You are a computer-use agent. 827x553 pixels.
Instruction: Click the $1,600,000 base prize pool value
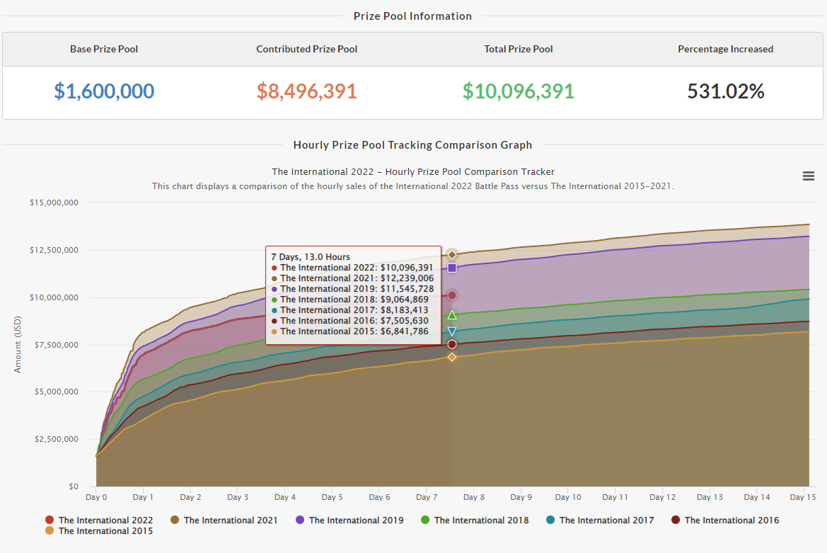[104, 91]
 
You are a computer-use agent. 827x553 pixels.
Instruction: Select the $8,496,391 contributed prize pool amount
[306, 91]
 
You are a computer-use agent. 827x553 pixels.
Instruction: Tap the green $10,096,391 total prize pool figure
[518, 91]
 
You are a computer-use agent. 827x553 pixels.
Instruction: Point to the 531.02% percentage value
[725, 91]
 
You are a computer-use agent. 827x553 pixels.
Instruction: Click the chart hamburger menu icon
[809, 176]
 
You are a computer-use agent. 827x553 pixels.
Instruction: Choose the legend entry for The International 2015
[105, 531]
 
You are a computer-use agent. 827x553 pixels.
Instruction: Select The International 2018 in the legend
[480, 520]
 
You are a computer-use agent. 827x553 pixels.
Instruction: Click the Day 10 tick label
[568, 498]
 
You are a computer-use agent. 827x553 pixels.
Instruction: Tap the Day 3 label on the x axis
[238, 498]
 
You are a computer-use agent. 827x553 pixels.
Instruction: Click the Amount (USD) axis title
[18, 344]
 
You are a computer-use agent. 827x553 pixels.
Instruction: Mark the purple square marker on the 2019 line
[452, 268]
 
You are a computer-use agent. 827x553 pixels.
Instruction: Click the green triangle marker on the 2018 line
[452, 315]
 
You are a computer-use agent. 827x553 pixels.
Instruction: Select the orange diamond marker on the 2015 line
[452, 357]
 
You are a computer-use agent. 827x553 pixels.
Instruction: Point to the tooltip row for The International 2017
[354, 310]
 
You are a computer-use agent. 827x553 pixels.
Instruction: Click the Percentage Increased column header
[725, 50]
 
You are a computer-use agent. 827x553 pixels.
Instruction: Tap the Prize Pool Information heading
[412, 16]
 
